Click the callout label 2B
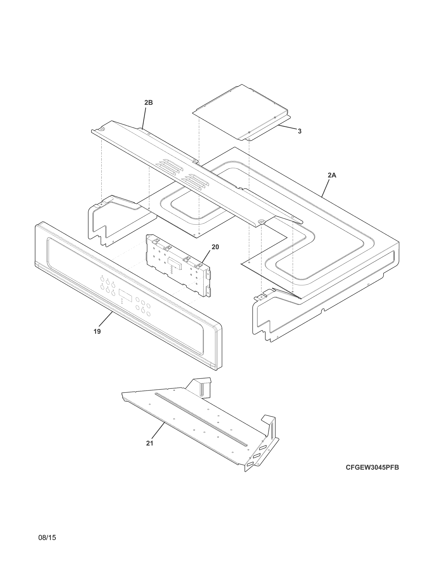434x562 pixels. pyautogui.click(x=148, y=103)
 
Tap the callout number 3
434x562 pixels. pyautogui.click(x=300, y=131)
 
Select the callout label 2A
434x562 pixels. pyautogui.click(x=332, y=175)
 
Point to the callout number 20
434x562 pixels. pyautogui.click(x=215, y=247)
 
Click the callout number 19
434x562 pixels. pyautogui.click(x=97, y=331)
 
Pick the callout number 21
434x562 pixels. pyautogui.click(x=150, y=443)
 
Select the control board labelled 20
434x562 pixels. pyautogui.click(x=177, y=268)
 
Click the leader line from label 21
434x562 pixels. pyautogui.click(x=158, y=431)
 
